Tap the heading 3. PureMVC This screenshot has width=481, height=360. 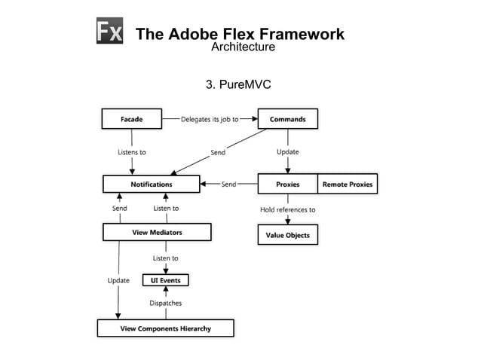(x=238, y=84)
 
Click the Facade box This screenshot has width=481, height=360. (x=132, y=119)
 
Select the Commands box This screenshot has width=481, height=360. (x=288, y=119)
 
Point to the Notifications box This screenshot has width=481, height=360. (x=151, y=184)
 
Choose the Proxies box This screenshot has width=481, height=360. (x=287, y=184)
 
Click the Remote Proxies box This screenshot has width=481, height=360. (x=347, y=184)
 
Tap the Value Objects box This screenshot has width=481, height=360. (x=287, y=235)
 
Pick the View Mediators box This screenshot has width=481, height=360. (x=157, y=232)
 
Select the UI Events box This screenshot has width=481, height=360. (x=166, y=280)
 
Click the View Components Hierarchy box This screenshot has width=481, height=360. (x=165, y=328)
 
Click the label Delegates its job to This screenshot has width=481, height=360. (x=210, y=119)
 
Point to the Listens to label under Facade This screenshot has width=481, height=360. (x=132, y=152)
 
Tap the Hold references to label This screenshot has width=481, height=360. (x=287, y=210)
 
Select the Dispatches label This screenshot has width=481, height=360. (x=166, y=304)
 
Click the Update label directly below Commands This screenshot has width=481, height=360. (x=287, y=152)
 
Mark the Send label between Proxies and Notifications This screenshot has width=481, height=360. (x=228, y=184)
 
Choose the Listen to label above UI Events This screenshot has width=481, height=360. (x=166, y=258)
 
